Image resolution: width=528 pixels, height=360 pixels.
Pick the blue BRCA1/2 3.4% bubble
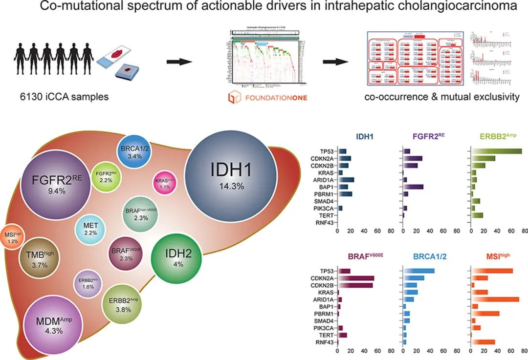(x=131, y=151)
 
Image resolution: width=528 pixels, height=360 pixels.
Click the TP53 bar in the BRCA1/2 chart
(x=418, y=271)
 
